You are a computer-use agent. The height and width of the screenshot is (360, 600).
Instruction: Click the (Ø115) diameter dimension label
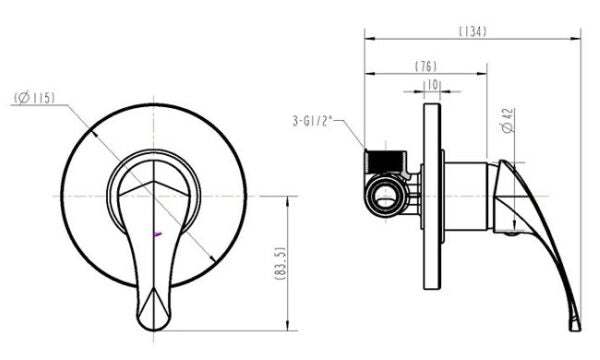[x=35, y=98]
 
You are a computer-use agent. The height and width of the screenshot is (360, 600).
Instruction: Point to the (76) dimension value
[x=425, y=66]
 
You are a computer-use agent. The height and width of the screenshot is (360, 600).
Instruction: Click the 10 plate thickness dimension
[x=432, y=86]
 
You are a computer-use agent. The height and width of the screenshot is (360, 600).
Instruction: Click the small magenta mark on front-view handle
[x=157, y=234]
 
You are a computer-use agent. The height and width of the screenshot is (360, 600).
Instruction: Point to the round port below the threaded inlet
[x=384, y=193]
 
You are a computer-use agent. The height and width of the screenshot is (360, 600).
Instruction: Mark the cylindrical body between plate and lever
[x=464, y=195]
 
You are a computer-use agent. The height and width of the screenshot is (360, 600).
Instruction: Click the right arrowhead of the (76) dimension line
[x=485, y=74]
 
